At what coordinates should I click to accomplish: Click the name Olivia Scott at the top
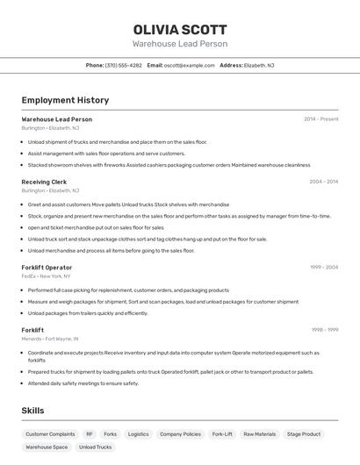(x=180, y=29)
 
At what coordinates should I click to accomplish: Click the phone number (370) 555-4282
(x=123, y=65)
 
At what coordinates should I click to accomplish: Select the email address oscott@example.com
(x=189, y=65)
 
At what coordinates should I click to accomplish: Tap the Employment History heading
(x=65, y=100)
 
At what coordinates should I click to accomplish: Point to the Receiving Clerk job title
(x=44, y=182)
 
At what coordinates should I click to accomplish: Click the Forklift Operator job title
(x=47, y=268)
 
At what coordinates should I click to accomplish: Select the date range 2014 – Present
(x=320, y=119)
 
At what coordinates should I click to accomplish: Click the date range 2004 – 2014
(x=323, y=182)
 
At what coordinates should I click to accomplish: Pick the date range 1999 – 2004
(x=323, y=268)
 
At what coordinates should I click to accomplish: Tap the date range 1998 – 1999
(x=324, y=330)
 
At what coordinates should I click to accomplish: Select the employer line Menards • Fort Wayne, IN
(x=50, y=339)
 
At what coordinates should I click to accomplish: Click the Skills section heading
(x=32, y=411)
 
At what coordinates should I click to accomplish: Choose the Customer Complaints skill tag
(x=50, y=434)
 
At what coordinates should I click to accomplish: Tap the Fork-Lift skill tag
(x=222, y=434)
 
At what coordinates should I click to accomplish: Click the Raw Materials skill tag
(x=259, y=434)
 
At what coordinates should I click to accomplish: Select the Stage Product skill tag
(x=304, y=434)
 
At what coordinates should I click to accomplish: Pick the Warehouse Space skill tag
(x=47, y=447)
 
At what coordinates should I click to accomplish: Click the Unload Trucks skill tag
(x=95, y=447)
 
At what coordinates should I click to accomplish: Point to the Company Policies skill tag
(x=180, y=434)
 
